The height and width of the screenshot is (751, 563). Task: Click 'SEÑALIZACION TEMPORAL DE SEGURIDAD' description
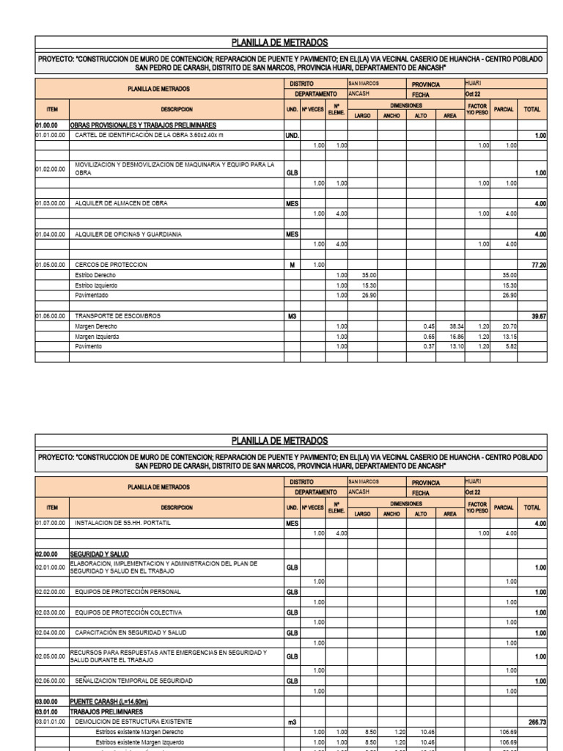tap(134, 681)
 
